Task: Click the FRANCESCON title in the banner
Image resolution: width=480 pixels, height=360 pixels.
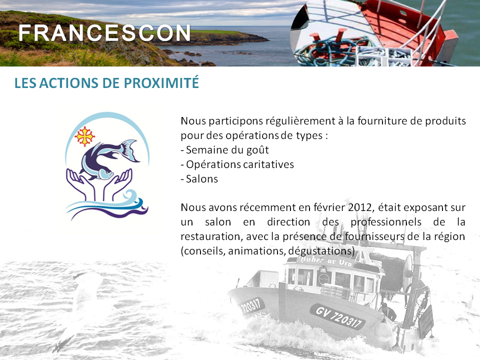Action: tap(104, 33)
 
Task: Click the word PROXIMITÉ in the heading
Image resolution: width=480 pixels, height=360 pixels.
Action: tap(161, 83)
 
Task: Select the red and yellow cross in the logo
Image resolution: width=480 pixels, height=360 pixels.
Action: tap(84, 136)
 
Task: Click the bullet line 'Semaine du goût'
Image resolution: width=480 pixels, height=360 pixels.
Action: tap(224, 150)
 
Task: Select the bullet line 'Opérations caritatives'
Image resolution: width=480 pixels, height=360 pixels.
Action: tap(237, 164)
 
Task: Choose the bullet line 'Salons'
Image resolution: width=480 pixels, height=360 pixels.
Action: tap(199, 179)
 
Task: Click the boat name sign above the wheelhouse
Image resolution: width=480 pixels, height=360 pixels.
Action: tap(326, 261)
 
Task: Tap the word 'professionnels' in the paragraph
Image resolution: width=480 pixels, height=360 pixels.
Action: tap(386, 222)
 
